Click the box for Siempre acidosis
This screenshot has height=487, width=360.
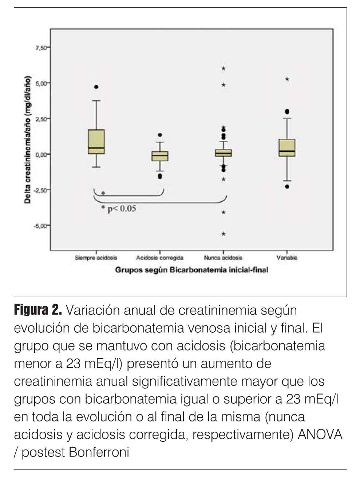tap(96, 142)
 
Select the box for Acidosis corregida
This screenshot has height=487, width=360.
tap(159, 156)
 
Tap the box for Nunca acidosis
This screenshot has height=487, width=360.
tap(223, 153)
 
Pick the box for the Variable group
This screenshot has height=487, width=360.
tap(287, 148)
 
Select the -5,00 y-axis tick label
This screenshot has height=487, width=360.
tap(41, 226)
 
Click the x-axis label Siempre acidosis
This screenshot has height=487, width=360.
tap(96, 258)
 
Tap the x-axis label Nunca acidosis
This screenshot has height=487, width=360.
tap(223, 258)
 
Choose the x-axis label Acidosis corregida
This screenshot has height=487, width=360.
tap(159, 258)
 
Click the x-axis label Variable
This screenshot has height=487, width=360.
tap(287, 258)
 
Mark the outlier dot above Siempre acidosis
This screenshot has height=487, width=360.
tap(96, 87)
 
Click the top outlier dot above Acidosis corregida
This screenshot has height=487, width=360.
tap(160, 135)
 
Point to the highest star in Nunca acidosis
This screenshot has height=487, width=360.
tap(223, 68)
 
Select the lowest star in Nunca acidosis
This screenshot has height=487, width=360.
tap(223, 234)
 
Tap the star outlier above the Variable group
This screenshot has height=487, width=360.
tap(287, 79)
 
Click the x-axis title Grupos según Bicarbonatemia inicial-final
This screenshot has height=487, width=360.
tap(191, 270)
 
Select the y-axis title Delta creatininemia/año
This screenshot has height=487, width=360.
tap(28, 140)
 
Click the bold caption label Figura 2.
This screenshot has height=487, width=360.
tap(38, 310)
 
